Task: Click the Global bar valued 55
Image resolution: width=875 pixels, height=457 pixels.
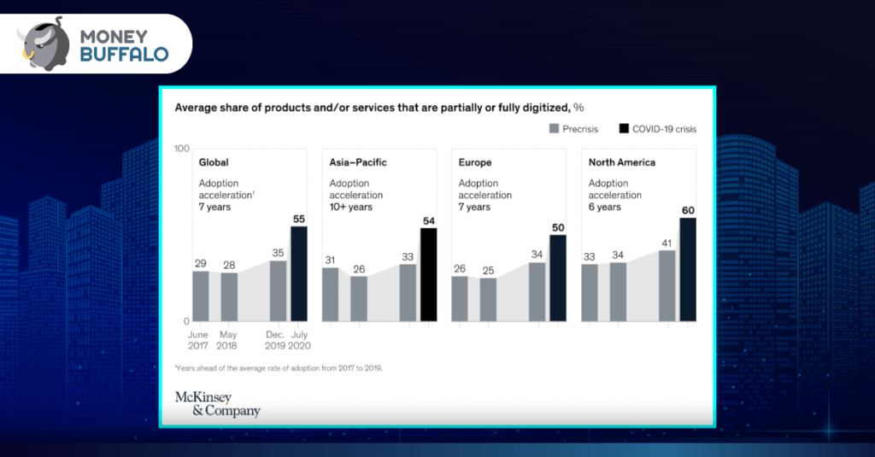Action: pyautogui.click(x=299, y=273)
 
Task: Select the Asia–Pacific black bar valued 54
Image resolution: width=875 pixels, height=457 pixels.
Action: pyautogui.click(x=428, y=274)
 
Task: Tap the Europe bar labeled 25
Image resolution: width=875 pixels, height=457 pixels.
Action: pyautogui.click(x=488, y=299)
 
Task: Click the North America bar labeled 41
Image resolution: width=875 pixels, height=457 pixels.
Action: pyautogui.click(x=667, y=285)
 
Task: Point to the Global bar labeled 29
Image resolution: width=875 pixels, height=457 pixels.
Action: pyautogui.click(x=201, y=296)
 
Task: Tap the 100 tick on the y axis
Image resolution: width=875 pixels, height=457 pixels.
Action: pyautogui.click(x=181, y=149)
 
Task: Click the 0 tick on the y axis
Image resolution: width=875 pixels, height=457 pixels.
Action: pyautogui.click(x=185, y=321)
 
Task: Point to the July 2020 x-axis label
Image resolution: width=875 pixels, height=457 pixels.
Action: pyautogui.click(x=299, y=340)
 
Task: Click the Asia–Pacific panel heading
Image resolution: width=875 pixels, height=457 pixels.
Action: pyautogui.click(x=358, y=162)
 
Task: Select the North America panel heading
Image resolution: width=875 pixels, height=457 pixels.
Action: pyautogui.click(x=622, y=162)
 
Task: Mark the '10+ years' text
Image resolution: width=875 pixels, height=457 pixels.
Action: pyautogui.click(x=351, y=207)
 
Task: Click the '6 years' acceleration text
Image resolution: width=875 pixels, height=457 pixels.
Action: pyautogui.click(x=605, y=207)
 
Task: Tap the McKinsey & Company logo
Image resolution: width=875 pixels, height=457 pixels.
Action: pyautogui.click(x=217, y=404)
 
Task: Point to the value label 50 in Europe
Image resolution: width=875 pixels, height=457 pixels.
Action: pyautogui.click(x=557, y=227)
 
